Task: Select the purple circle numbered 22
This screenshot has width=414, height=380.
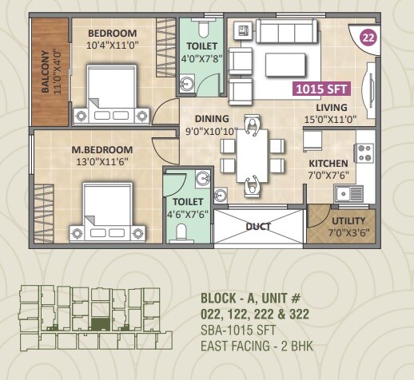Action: tap(368, 37)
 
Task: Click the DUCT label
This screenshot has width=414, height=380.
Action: tap(257, 226)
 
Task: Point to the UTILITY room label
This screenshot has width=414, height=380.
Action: tap(348, 221)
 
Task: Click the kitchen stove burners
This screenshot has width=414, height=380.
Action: tap(365, 151)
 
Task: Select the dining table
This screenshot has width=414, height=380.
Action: tap(254, 156)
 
